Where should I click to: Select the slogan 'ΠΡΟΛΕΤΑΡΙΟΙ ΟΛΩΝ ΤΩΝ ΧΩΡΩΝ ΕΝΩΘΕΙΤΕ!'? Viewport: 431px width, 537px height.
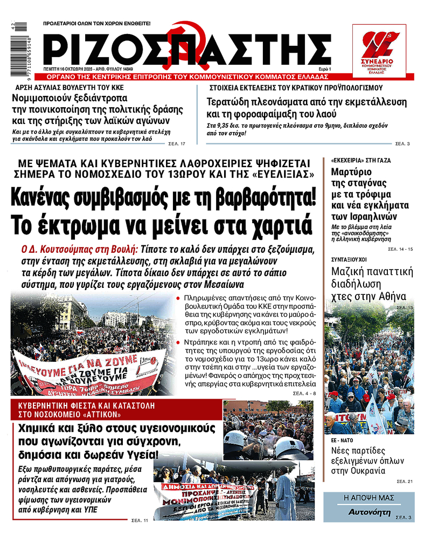97,24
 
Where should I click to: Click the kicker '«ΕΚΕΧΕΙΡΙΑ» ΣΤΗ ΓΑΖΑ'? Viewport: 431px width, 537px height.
357,160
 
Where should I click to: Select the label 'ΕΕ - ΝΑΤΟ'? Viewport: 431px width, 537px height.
342,440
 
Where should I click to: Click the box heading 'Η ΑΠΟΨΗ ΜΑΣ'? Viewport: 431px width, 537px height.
369,497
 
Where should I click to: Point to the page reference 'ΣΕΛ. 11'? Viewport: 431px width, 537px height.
140,520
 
